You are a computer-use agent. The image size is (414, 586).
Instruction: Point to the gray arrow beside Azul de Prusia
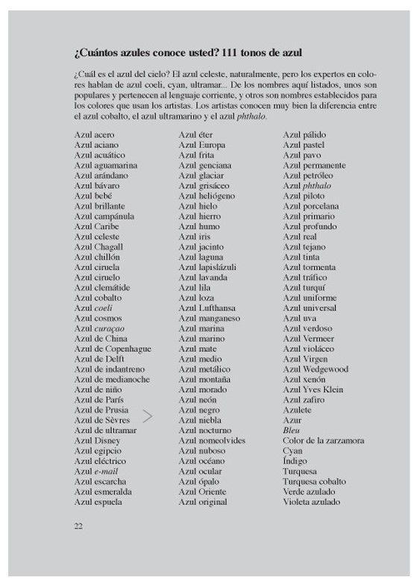point(148,415)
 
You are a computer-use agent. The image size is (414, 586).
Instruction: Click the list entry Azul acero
point(94,134)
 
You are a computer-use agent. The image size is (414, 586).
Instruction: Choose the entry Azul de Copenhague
point(113,348)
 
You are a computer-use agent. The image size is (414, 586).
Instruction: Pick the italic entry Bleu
point(291,430)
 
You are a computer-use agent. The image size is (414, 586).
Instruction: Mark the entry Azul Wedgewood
point(315,369)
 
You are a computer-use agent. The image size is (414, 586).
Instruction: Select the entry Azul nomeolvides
point(213,441)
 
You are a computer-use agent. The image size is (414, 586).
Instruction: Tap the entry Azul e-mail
point(96,471)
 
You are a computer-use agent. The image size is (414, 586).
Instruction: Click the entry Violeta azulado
point(311,502)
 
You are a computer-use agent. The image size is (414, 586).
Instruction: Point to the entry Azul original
point(202,502)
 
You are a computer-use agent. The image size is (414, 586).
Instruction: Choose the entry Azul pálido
point(304,134)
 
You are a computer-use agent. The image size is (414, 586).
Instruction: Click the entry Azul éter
point(195,134)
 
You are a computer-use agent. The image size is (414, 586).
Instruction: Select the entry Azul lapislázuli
point(207,267)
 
